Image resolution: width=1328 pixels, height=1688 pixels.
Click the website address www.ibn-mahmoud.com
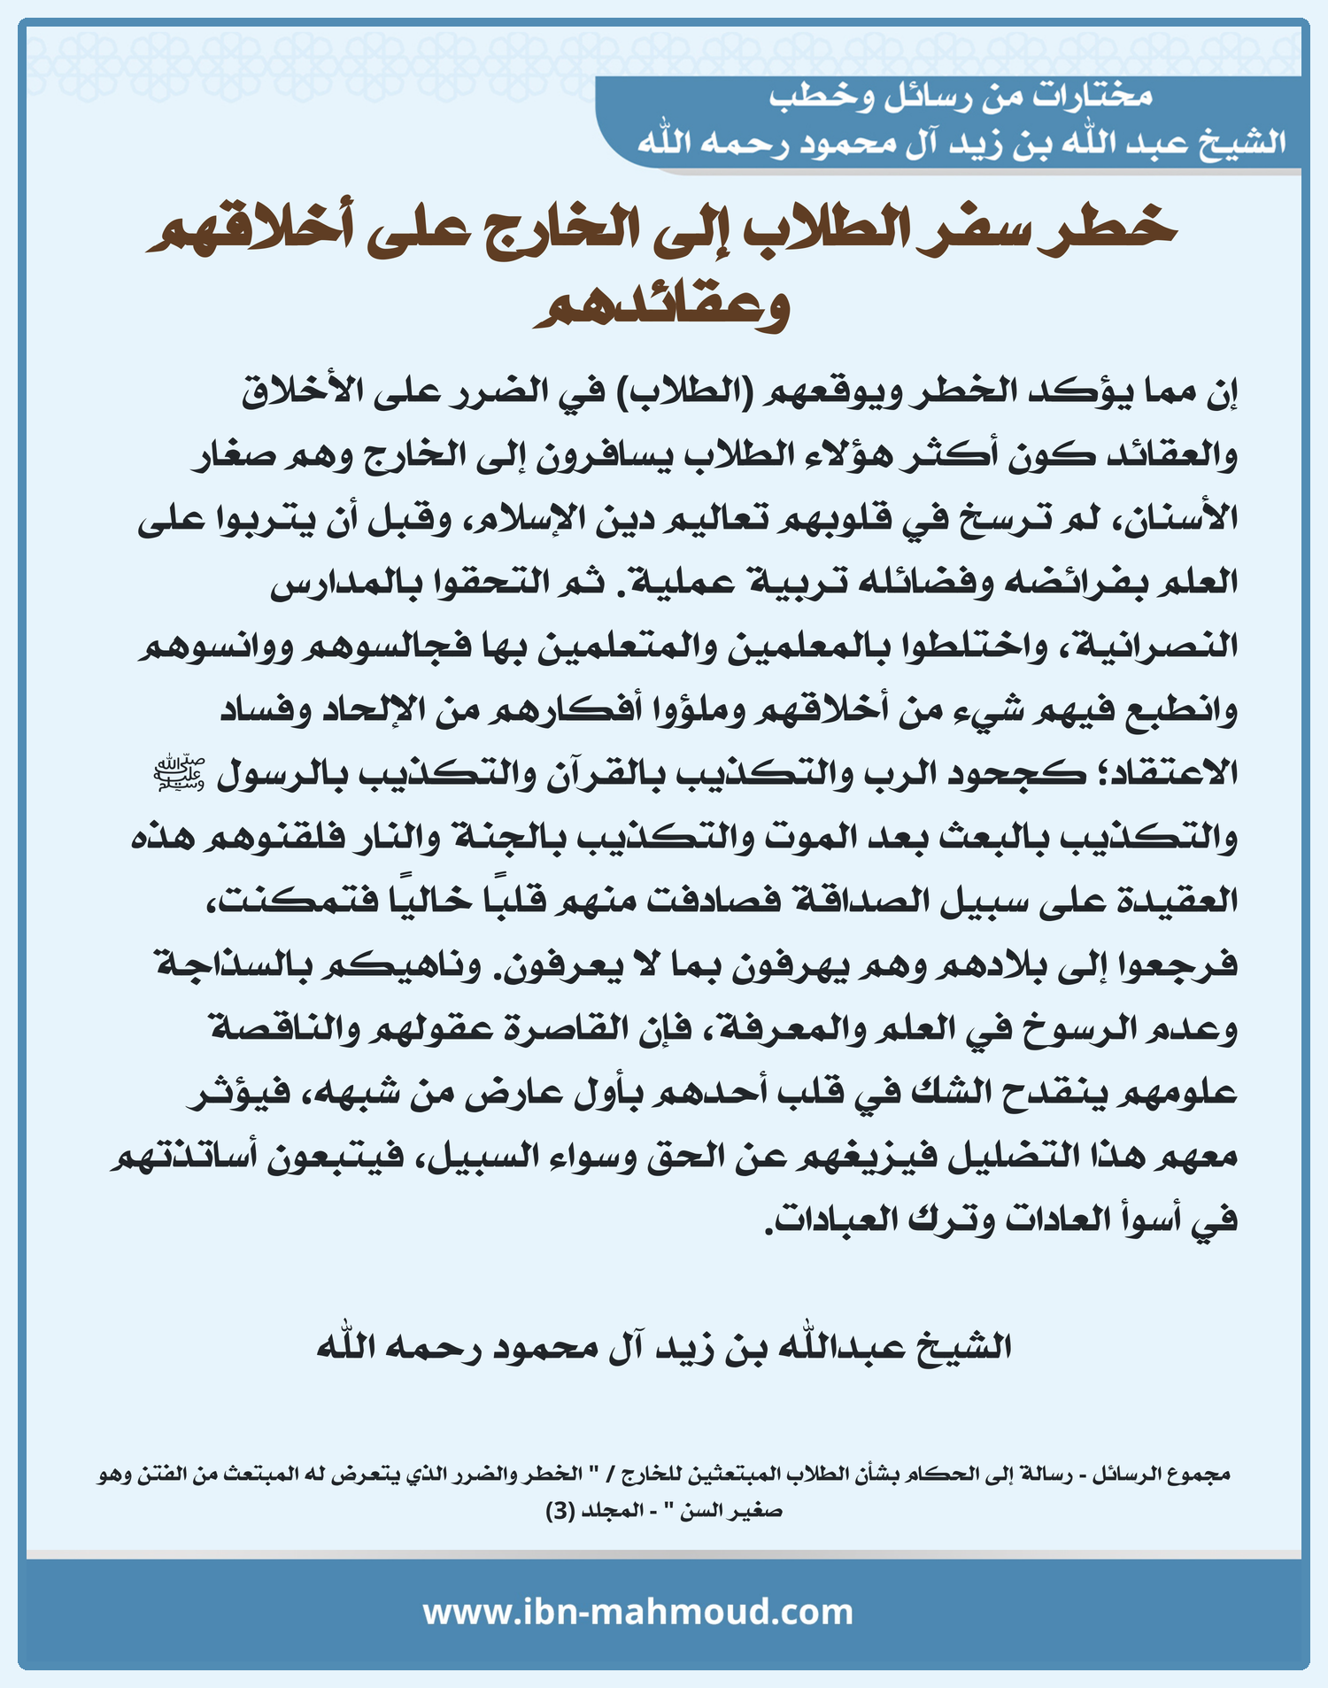(637, 1612)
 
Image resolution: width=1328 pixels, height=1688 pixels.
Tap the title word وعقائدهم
(661, 306)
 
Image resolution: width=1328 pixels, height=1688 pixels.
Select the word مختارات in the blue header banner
(1093, 96)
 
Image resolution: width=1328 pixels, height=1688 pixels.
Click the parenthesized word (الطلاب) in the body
(682, 391)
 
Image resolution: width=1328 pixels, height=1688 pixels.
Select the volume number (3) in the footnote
(560, 1511)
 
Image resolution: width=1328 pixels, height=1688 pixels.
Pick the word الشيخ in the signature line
(963, 1347)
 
